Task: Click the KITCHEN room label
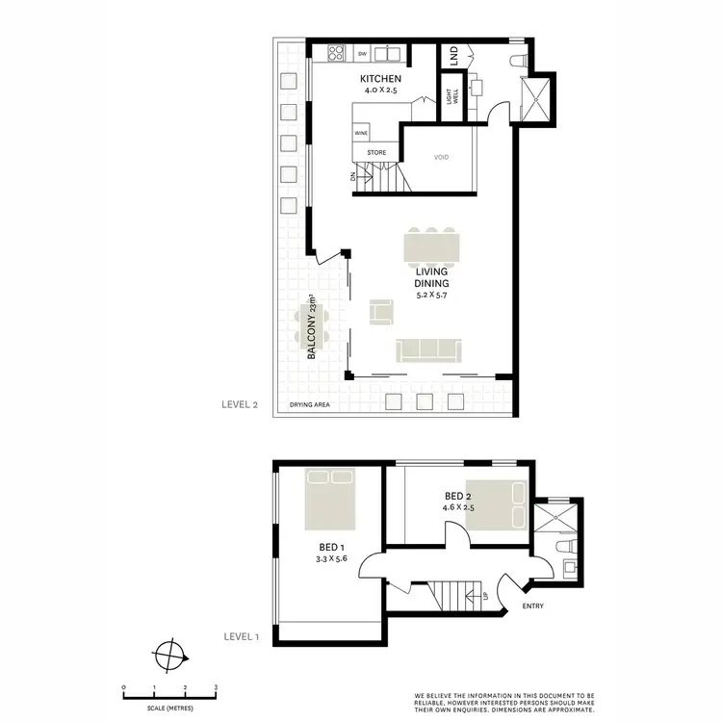pos(379,78)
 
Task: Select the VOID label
pos(442,157)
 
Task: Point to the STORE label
pos(376,152)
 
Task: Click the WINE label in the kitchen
pos(361,132)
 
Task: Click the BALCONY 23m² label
pos(312,327)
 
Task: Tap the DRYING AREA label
pos(310,405)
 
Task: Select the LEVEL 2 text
pos(241,405)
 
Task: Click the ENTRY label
pos(534,606)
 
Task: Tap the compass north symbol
pos(168,658)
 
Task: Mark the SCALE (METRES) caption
pos(168,709)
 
